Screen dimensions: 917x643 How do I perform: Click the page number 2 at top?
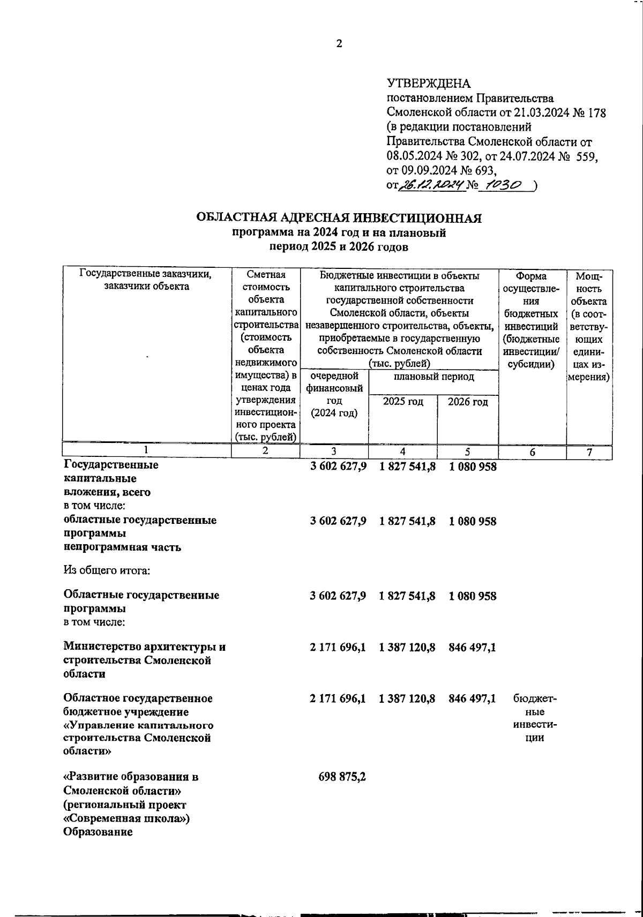(339, 44)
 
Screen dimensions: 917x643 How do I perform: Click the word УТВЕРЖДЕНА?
(428, 84)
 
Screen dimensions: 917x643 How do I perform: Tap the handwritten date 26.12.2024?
(425, 185)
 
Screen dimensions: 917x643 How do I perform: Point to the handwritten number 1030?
(499, 185)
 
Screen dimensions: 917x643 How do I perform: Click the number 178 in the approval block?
(596, 113)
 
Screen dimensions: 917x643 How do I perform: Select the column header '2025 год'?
(402, 402)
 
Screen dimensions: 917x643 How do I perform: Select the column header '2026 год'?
(467, 402)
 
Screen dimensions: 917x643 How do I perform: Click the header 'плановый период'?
(433, 377)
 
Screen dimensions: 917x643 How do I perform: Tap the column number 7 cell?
(589, 453)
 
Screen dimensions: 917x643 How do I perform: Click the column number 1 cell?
(146, 452)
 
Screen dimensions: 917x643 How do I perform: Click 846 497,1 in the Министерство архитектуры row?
(469, 648)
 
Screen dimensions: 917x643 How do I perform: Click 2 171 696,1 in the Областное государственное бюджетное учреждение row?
(338, 698)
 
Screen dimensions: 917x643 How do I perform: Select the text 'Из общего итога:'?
(107, 570)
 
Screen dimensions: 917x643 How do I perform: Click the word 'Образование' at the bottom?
(98, 833)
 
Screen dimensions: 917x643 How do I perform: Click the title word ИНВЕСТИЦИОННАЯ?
(416, 218)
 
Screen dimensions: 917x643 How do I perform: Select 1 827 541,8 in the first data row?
(407, 467)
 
